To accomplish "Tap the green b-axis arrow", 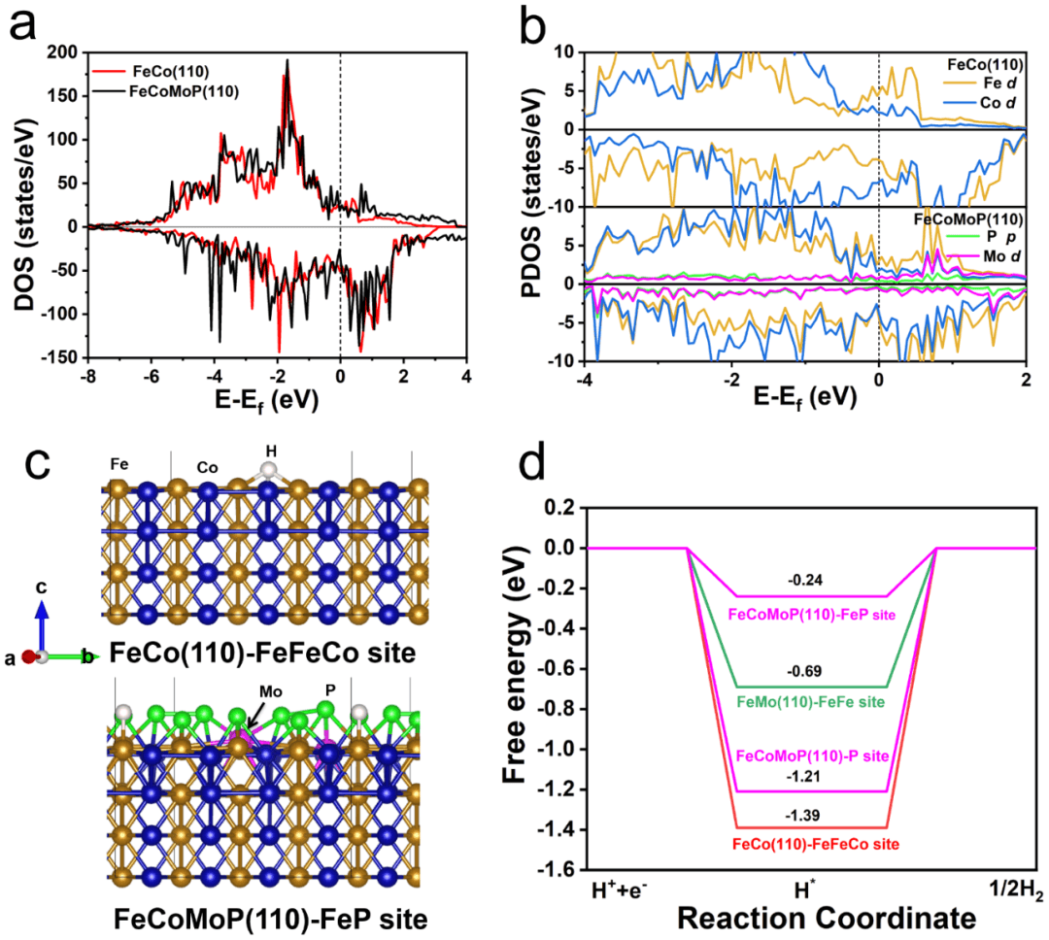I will (68, 657).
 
